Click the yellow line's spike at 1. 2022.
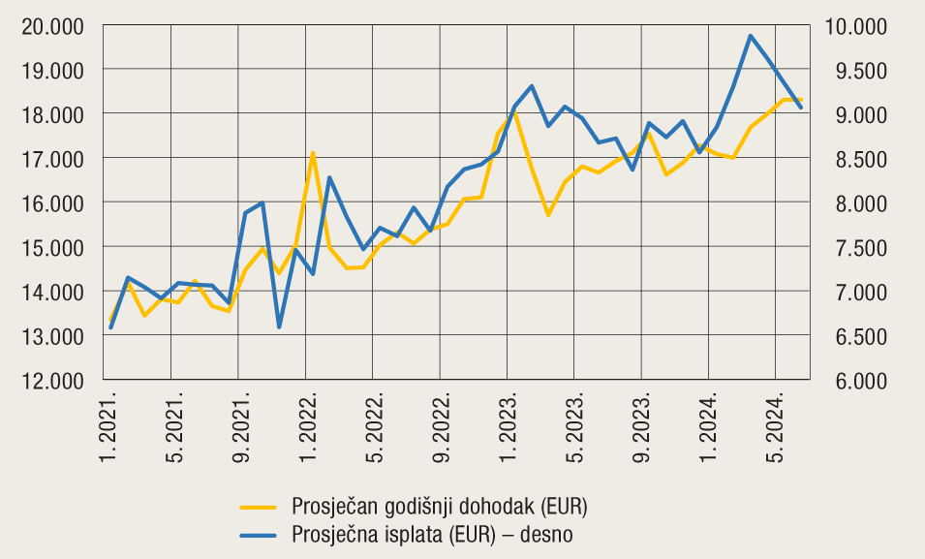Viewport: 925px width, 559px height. point(313,152)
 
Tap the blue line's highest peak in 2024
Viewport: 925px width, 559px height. point(751,36)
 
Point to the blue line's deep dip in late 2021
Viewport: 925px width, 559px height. point(279,326)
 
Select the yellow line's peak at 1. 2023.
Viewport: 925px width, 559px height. point(514,113)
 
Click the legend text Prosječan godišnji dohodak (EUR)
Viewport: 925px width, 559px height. point(439,507)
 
